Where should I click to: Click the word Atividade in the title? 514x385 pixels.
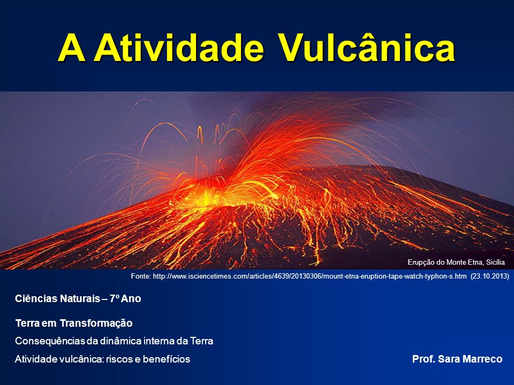click(179, 48)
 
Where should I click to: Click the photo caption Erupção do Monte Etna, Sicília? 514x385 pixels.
click(456, 262)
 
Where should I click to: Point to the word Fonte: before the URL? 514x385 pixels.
click(141, 276)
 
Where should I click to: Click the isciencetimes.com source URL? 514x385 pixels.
click(310, 276)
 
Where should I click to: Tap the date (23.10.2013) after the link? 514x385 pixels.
click(490, 276)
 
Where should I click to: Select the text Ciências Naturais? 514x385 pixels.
click(57, 298)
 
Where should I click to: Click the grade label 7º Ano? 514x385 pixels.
click(125, 298)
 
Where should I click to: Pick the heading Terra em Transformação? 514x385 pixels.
click(74, 324)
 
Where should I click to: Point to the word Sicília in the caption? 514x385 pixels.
click(495, 262)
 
